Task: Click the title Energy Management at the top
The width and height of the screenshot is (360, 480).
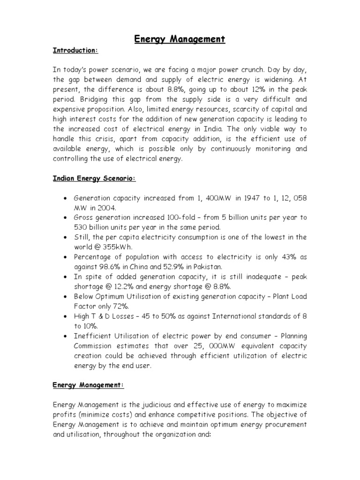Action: [180, 39]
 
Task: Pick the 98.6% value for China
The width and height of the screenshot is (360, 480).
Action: [106, 266]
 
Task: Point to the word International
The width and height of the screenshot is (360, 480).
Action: [238, 316]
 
